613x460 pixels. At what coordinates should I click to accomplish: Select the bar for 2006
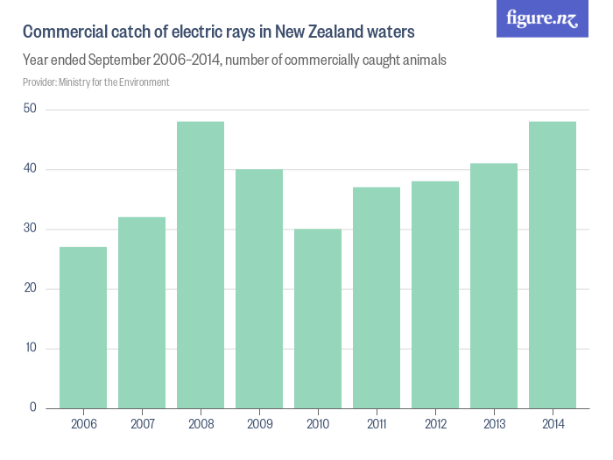pyautogui.click(x=83, y=328)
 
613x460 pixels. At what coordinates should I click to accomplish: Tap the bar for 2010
pyautogui.click(x=318, y=319)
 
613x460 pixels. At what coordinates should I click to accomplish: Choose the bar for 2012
pyautogui.click(x=435, y=294)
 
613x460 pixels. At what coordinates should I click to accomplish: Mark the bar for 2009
pyautogui.click(x=259, y=289)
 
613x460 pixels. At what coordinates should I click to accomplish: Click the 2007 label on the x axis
pyautogui.click(x=142, y=424)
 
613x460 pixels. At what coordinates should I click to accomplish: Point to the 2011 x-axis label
pyautogui.click(x=377, y=424)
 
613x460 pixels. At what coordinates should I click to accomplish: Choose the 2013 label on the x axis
pyautogui.click(x=494, y=424)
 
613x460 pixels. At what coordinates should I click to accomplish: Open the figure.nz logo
pyautogui.click(x=542, y=18)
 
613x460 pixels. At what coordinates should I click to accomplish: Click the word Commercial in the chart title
pyautogui.click(x=61, y=33)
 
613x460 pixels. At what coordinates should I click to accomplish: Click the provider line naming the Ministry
pyautogui.click(x=96, y=82)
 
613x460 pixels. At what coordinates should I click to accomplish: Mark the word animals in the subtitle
pyautogui.click(x=422, y=61)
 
